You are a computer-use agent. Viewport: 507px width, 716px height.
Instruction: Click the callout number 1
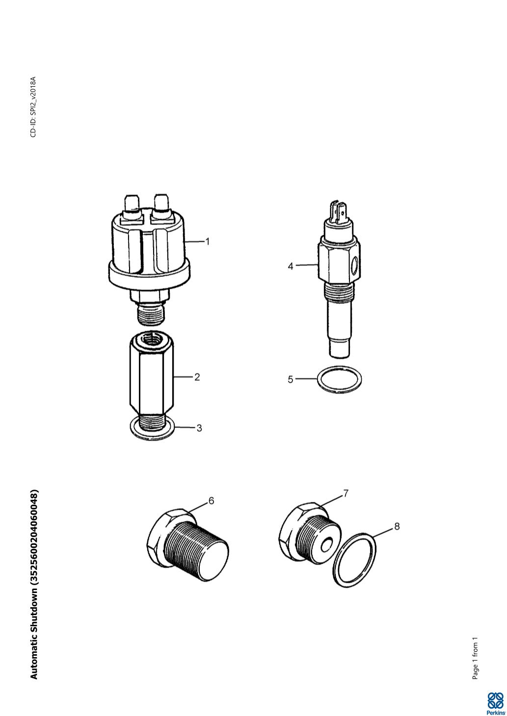[208, 242]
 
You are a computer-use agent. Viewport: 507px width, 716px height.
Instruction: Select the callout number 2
[197, 377]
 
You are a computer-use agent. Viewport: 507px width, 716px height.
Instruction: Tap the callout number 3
[199, 428]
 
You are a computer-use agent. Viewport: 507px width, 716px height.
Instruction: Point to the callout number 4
[290, 266]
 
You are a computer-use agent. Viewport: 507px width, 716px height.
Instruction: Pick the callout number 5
[290, 379]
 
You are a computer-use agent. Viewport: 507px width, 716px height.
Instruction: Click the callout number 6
[211, 500]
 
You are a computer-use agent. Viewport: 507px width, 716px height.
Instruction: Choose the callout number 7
[346, 494]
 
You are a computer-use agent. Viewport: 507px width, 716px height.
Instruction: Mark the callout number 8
[397, 526]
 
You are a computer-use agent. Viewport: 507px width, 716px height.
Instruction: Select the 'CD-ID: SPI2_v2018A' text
[33, 107]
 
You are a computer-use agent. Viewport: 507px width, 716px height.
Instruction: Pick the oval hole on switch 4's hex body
[354, 265]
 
